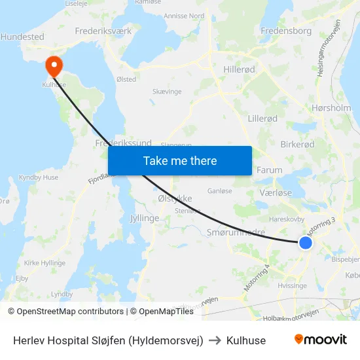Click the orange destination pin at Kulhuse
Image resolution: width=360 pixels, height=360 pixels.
[52, 66]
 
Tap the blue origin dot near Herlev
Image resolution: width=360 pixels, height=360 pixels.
[305, 243]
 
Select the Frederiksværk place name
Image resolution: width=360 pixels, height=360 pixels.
[103, 31]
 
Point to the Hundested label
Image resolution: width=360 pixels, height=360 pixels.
[22, 37]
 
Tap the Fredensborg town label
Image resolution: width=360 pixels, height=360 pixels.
[285, 31]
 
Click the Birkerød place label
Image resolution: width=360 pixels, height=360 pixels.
[297, 144]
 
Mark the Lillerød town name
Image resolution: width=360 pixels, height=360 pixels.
[262, 118]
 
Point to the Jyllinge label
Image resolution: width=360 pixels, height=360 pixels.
[144, 218]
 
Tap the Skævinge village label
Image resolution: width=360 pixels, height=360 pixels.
[166, 92]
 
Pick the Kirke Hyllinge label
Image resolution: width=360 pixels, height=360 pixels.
[45, 262]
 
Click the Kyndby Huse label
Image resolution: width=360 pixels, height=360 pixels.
[39, 177]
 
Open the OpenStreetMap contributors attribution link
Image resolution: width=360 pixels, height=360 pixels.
[65, 312]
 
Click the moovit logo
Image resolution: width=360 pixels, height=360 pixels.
[320, 340]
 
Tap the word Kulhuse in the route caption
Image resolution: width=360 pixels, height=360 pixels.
[246, 340]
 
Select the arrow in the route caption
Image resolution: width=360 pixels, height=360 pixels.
[215, 340]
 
